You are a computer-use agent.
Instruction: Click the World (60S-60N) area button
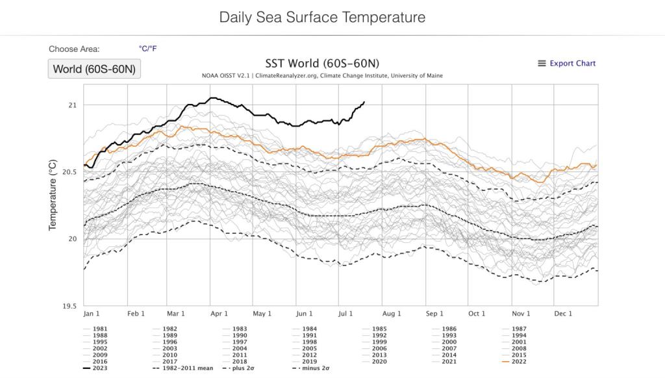[94, 69]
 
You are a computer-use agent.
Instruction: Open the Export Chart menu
[566, 63]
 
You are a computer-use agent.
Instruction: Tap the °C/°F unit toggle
[147, 49]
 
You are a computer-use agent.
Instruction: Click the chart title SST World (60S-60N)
[322, 63]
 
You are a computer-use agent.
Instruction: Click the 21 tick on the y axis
[72, 105]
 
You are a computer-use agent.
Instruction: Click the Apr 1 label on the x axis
[218, 314]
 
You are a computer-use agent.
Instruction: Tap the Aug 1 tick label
[392, 314]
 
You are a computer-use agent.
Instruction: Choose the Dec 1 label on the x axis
[562, 314]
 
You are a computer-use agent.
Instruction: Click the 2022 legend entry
[518, 361]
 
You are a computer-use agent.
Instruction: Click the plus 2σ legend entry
[244, 368]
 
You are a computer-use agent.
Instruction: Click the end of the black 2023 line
[364, 102]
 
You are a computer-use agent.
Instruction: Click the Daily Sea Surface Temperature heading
[322, 17]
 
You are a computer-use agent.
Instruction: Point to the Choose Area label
[74, 49]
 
